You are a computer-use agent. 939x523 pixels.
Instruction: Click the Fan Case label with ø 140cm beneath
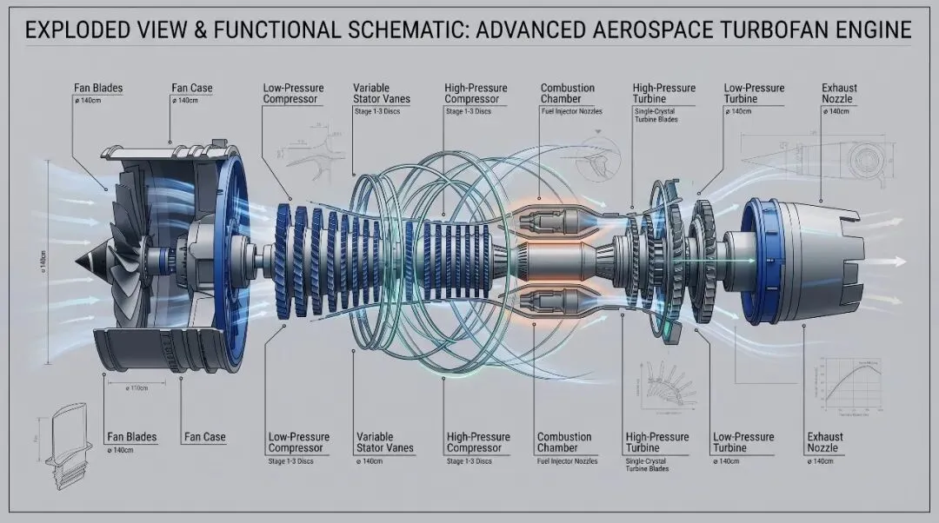pyautogui.click(x=191, y=89)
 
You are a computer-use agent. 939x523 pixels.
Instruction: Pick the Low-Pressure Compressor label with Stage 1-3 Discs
pyautogui.click(x=298, y=442)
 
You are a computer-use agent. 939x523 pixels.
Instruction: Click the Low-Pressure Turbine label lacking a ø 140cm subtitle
pyautogui.click(x=742, y=442)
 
